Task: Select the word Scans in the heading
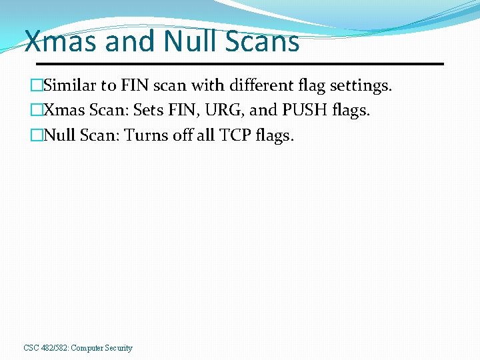click(263, 41)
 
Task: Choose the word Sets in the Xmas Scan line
click(149, 111)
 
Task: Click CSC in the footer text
click(31, 348)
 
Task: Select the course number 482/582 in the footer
click(54, 348)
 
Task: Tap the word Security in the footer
click(118, 348)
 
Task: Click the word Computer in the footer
click(86, 348)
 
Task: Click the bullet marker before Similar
click(36, 86)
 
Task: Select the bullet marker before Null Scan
click(36, 136)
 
